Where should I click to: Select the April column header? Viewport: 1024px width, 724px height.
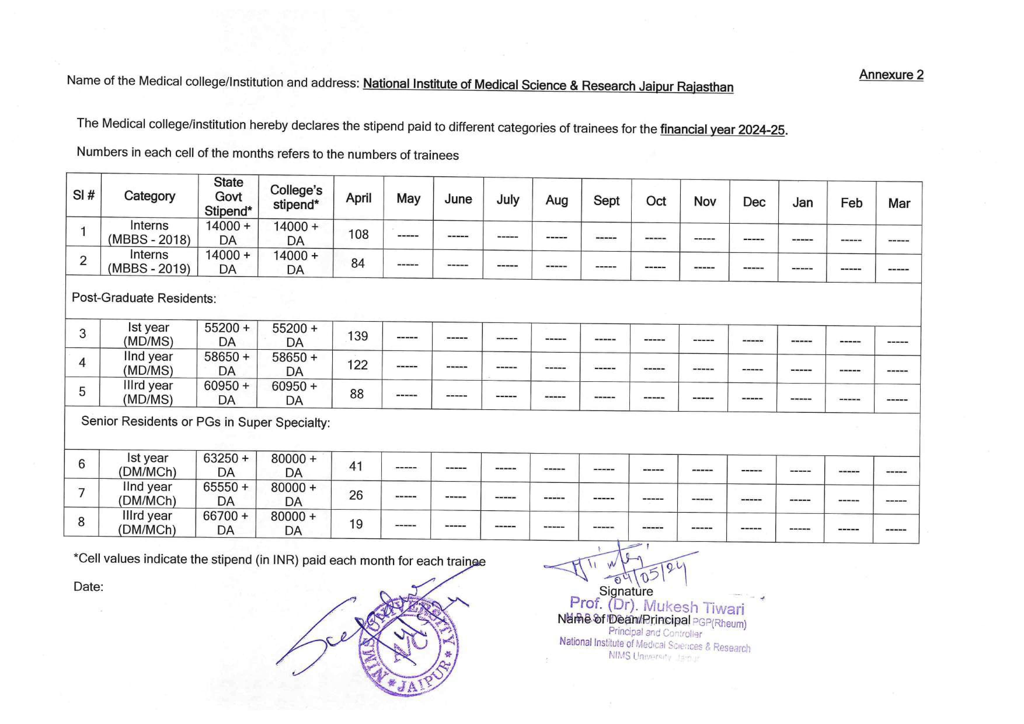[x=358, y=198]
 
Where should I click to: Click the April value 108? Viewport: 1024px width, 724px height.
[x=358, y=234]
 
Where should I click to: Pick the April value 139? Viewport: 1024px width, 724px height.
[x=357, y=336]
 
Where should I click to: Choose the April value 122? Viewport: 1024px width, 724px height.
[x=357, y=365]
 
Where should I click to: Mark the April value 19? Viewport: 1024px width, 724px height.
[x=356, y=524]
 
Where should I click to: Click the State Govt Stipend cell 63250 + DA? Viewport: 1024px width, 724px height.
[x=226, y=465]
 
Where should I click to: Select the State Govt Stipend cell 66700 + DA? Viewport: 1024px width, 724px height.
[x=225, y=523]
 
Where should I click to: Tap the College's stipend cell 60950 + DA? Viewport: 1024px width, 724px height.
[x=294, y=393]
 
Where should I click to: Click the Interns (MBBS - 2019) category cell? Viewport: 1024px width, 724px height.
[x=149, y=261]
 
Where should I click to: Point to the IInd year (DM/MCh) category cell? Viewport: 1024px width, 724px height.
[x=147, y=493]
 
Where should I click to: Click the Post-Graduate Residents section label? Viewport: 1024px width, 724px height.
[x=144, y=298]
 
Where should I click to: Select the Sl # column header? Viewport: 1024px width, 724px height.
[x=83, y=195]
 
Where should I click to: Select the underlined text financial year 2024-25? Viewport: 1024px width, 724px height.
[x=722, y=130]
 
